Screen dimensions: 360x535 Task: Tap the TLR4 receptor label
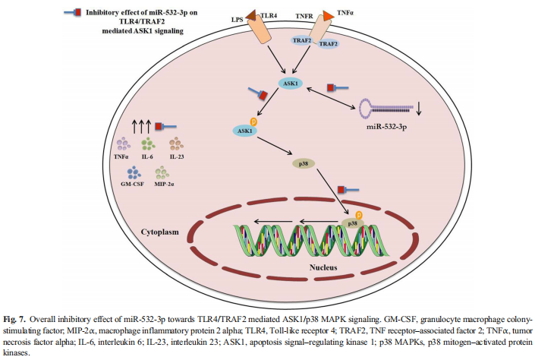[270, 15]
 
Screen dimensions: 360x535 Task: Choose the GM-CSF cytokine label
[122, 185]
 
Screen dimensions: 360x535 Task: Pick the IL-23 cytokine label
[177, 157]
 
